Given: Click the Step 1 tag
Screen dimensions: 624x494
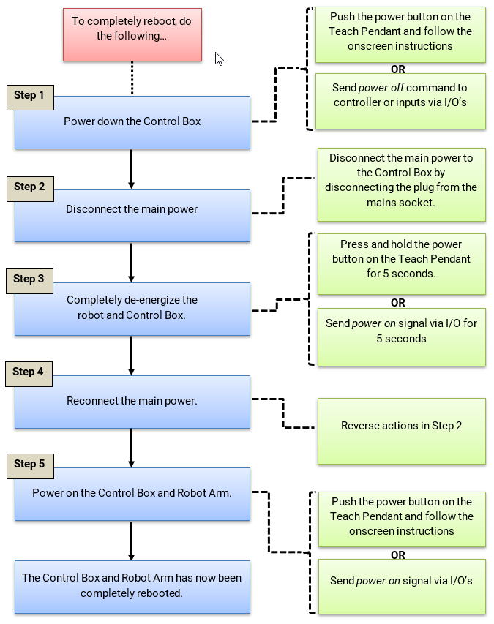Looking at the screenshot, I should (x=29, y=96).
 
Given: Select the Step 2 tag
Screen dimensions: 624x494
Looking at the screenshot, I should (x=29, y=187).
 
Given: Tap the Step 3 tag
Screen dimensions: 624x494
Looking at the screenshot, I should (x=29, y=279).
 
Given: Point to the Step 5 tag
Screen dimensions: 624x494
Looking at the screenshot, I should (x=29, y=464).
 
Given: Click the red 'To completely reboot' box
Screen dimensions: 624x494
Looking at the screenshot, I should (x=132, y=34).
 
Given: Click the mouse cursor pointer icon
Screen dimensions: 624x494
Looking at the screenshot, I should (x=219, y=59).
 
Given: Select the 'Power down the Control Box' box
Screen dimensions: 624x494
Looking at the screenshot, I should (x=132, y=122).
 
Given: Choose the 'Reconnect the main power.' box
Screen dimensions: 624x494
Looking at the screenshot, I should (x=132, y=402).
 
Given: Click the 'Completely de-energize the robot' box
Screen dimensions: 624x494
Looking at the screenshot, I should (x=132, y=309).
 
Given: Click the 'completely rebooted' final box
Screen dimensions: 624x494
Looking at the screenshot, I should (x=132, y=586).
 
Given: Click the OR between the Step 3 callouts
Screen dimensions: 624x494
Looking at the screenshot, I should (x=398, y=302).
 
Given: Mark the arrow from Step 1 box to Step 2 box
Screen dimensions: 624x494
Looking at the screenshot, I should (x=132, y=169).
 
